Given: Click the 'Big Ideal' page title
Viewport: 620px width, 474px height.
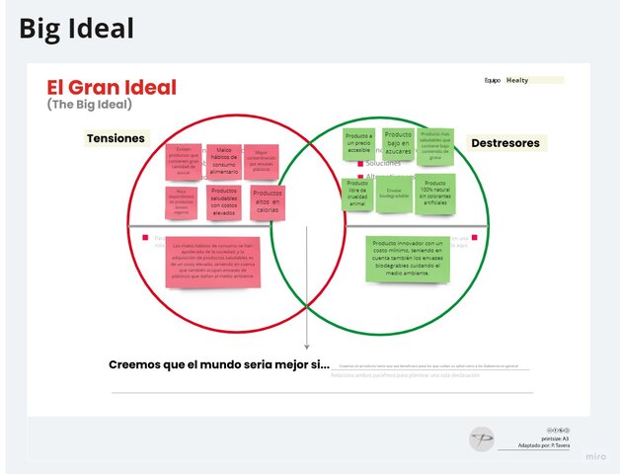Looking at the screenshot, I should click(76, 29).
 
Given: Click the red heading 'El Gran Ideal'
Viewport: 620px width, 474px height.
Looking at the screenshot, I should click(112, 88).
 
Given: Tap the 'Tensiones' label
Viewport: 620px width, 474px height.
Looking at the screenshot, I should click(116, 139).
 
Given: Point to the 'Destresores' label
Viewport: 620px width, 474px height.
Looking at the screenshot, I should click(504, 143).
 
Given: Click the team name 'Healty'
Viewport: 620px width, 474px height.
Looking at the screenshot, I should click(517, 81).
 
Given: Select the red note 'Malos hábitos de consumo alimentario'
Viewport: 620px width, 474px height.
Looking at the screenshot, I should click(224, 161).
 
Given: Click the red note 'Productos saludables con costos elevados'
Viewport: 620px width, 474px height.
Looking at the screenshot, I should click(224, 200).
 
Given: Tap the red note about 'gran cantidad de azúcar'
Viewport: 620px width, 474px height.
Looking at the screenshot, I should click(183, 161).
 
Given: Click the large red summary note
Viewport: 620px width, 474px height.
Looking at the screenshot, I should click(214, 262).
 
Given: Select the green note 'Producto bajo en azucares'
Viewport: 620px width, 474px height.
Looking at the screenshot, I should click(398, 144).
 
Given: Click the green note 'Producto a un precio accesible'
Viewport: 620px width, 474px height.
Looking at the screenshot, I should click(359, 144).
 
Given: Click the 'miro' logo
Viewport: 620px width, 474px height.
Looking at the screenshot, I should click(595, 456).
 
